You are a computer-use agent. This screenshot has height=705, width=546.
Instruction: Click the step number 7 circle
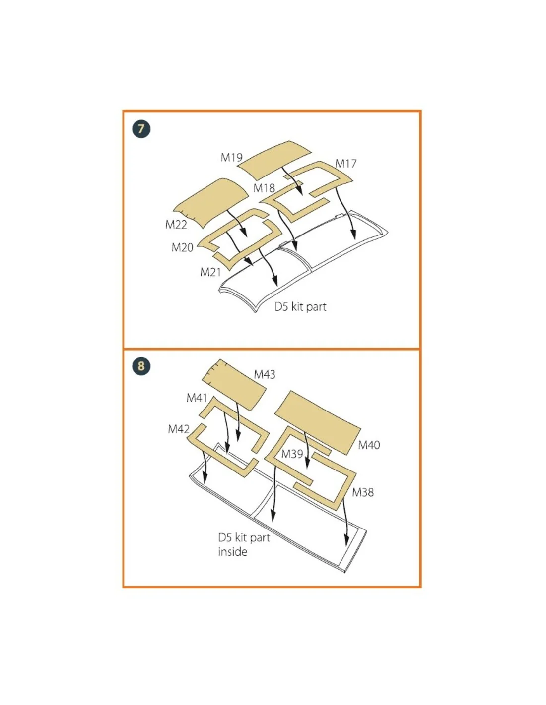coord(141,129)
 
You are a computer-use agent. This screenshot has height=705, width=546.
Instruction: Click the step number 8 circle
coord(141,366)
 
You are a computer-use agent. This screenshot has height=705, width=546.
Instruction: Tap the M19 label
coord(231,157)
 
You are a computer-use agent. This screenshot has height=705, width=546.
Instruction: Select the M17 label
coord(345,163)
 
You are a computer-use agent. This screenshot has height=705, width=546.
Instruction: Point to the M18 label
coord(264,188)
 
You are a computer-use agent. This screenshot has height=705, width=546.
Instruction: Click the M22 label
coord(176,224)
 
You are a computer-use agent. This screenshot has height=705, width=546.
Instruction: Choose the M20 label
coord(182,247)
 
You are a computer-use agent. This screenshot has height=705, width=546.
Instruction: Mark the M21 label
coord(210,272)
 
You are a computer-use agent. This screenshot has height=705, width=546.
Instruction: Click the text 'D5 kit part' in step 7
coord(300,306)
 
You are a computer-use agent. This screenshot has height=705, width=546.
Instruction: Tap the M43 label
coord(265,374)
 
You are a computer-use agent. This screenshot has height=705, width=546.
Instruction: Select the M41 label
coord(197,398)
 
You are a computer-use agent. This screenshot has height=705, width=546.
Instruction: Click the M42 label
coord(178,429)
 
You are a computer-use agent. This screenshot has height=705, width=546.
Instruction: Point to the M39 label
coord(292,454)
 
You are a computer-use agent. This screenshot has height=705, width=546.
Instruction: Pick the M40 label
coord(369,445)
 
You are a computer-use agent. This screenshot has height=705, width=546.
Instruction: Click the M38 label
coord(363,492)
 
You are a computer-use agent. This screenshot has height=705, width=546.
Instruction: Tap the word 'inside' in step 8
coord(233,551)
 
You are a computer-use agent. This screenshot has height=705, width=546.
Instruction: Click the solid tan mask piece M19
coord(274,160)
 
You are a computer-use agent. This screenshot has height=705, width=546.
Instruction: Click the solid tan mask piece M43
coord(234,384)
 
